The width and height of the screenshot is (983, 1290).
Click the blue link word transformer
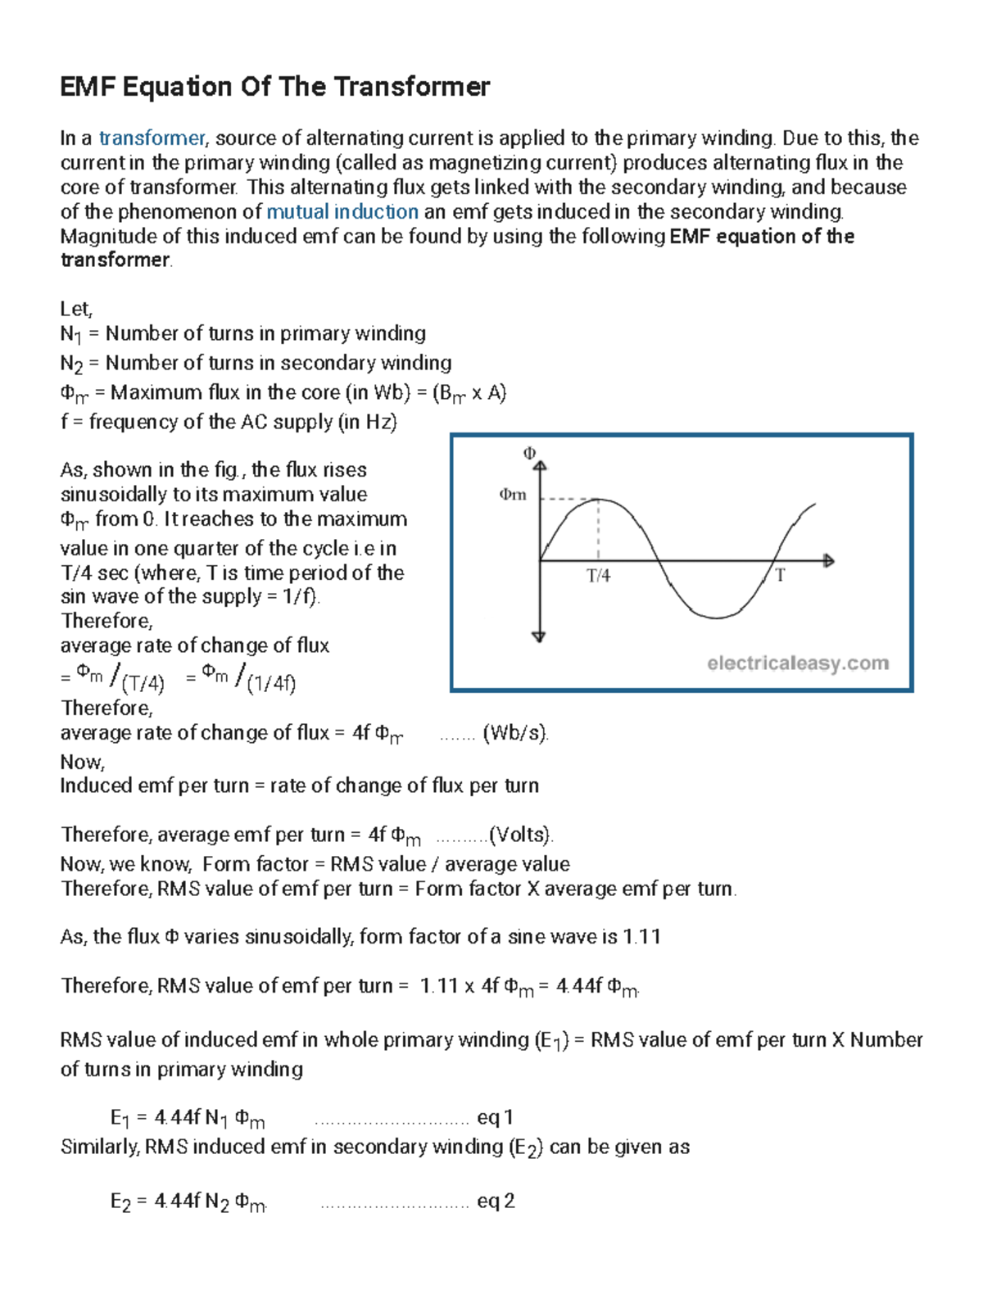pos(152,138)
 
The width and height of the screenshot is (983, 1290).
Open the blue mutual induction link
pos(342,211)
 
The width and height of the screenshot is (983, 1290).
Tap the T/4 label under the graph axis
pos(599,576)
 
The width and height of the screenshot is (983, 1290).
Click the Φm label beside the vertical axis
pos(513,495)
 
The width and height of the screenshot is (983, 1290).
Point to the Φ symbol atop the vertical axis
pos(529,453)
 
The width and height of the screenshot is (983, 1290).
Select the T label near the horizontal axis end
pos(780,576)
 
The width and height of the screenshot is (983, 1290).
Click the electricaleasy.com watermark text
pos(798,663)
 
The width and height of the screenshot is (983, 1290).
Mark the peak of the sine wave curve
pos(600,500)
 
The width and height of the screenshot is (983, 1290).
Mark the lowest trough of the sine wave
pos(716,618)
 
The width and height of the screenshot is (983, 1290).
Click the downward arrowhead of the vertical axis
pos(539,636)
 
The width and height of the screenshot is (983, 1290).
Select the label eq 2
pos(496,1201)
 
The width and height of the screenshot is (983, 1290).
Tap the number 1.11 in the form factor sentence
pos(641,936)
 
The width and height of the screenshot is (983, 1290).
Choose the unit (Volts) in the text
pos(520,835)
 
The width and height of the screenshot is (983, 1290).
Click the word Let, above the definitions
pos(76,309)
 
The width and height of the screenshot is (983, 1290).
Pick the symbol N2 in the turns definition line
pos(72,364)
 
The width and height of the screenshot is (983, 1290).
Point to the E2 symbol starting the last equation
pos(120,1202)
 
